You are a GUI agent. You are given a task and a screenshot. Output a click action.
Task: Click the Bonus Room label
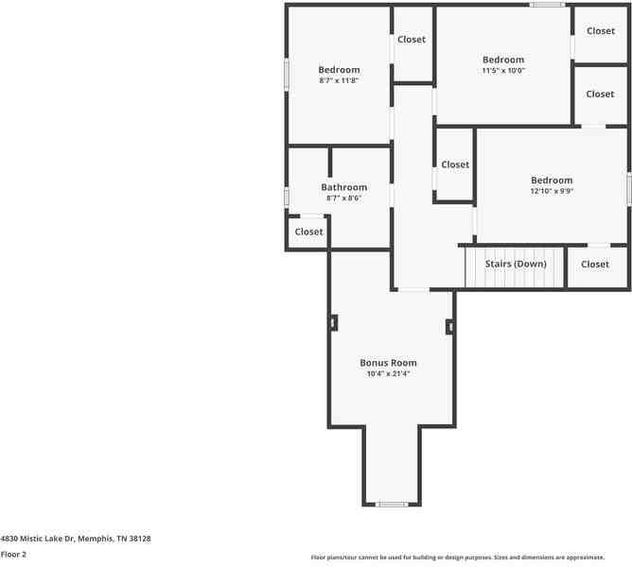[x=388, y=363]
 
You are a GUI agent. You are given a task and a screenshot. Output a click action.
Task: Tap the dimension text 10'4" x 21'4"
[x=388, y=374]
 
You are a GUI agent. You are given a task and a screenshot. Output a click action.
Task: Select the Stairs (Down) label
[x=516, y=264]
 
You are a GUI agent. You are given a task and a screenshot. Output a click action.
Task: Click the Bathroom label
[x=343, y=187]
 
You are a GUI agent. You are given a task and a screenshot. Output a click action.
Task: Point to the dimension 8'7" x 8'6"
[x=343, y=198]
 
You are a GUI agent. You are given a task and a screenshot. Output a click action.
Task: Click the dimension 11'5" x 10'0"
[x=503, y=71]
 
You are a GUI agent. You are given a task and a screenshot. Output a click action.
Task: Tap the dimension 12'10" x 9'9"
[x=552, y=191]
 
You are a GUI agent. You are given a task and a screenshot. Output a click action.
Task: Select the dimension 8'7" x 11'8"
[x=339, y=80]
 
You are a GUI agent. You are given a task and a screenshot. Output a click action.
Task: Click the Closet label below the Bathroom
[x=308, y=232]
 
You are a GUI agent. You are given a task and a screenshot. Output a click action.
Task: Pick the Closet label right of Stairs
[x=595, y=265]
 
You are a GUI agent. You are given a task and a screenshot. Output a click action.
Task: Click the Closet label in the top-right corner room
[x=601, y=31]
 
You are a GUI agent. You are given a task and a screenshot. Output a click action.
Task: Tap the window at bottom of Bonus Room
[x=392, y=505]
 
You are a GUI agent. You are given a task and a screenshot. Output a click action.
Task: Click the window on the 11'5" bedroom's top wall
[x=547, y=5]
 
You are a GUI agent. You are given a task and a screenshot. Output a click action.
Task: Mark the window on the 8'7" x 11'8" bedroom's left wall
[x=287, y=75]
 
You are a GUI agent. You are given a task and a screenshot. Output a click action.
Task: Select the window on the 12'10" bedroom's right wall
[x=628, y=189]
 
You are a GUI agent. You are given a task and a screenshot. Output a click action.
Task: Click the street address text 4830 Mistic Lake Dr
[x=76, y=538]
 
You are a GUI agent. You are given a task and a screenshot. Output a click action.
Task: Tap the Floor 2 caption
[x=13, y=555]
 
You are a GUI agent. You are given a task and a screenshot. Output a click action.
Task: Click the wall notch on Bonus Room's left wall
[x=333, y=322]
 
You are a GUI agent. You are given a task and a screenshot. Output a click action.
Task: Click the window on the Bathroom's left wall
[x=287, y=197]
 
